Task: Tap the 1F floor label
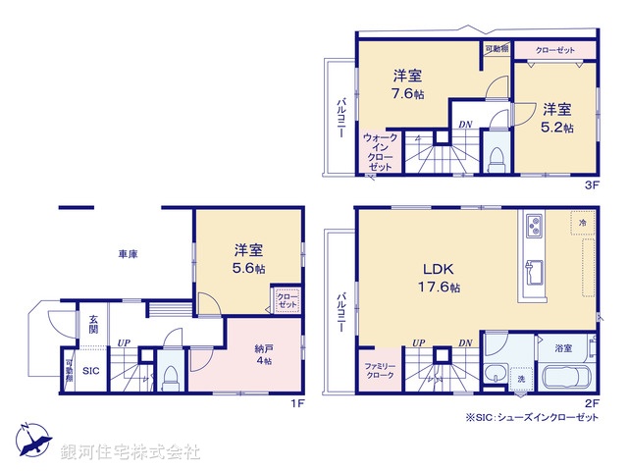coord(297,400)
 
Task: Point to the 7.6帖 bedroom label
coord(407,84)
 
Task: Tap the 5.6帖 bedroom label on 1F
coord(248,259)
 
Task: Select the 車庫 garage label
coord(128,254)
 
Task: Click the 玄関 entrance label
coord(92,325)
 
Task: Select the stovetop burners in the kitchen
coord(537,226)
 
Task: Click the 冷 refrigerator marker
coord(582,224)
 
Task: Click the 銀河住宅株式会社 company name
coord(131,451)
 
